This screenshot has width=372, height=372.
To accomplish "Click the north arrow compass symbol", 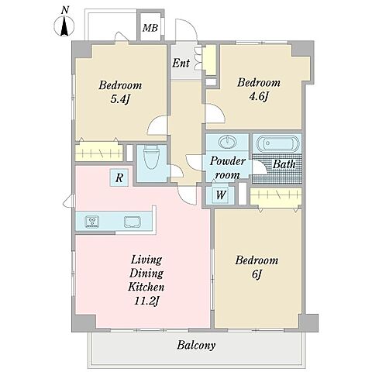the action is (64, 26).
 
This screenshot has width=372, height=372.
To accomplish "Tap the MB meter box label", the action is (150, 28).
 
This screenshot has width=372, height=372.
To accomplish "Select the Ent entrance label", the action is (181, 63).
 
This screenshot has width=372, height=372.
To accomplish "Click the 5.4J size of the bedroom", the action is (120, 99).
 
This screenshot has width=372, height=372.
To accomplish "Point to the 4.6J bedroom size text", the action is (259, 97).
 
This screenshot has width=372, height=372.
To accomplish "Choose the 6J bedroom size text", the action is (257, 274).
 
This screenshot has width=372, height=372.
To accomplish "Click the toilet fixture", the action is (152, 157).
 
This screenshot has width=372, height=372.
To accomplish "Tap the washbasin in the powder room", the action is (227, 142).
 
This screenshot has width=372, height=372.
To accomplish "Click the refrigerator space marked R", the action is (119, 177).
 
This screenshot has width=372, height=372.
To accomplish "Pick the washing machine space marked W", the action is (221, 195).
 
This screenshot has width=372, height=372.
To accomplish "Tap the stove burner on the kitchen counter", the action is (92, 222).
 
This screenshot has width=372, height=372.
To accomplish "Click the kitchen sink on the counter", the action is (133, 222).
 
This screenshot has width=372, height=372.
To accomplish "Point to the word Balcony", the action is (196, 346).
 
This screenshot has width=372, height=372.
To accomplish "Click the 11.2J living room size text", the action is (146, 301).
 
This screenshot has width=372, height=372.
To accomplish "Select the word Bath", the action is (284, 164).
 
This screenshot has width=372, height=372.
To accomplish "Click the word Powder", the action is (227, 161).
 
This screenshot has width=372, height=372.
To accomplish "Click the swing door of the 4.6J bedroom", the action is (215, 113).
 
